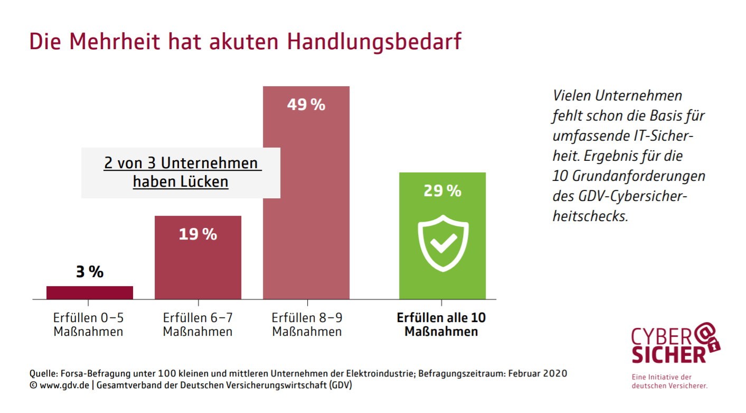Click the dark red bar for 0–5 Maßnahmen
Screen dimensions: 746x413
tap(90, 292)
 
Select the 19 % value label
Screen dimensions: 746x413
tap(198, 234)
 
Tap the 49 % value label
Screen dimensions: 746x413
tap(306, 105)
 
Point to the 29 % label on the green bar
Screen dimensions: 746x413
tap(442, 191)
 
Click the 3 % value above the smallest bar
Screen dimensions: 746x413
tap(90, 272)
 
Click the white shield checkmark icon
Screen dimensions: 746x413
tap(443, 243)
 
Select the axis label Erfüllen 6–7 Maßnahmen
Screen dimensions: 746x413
tap(198, 325)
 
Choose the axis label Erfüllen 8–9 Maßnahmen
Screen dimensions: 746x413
tap(307, 325)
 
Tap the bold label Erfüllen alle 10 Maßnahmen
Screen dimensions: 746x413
tap(441, 325)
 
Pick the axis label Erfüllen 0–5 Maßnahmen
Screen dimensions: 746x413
tap(88, 325)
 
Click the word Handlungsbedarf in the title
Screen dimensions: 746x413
tap(374, 42)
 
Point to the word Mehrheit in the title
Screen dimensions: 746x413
tap(115, 41)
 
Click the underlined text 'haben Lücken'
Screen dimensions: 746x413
tap(181, 182)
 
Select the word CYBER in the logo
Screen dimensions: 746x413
tap(662, 337)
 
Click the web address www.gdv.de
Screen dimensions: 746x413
tap(64, 386)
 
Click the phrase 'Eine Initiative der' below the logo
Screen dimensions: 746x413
tap(662, 377)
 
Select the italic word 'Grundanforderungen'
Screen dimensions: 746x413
tap(638, 176)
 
